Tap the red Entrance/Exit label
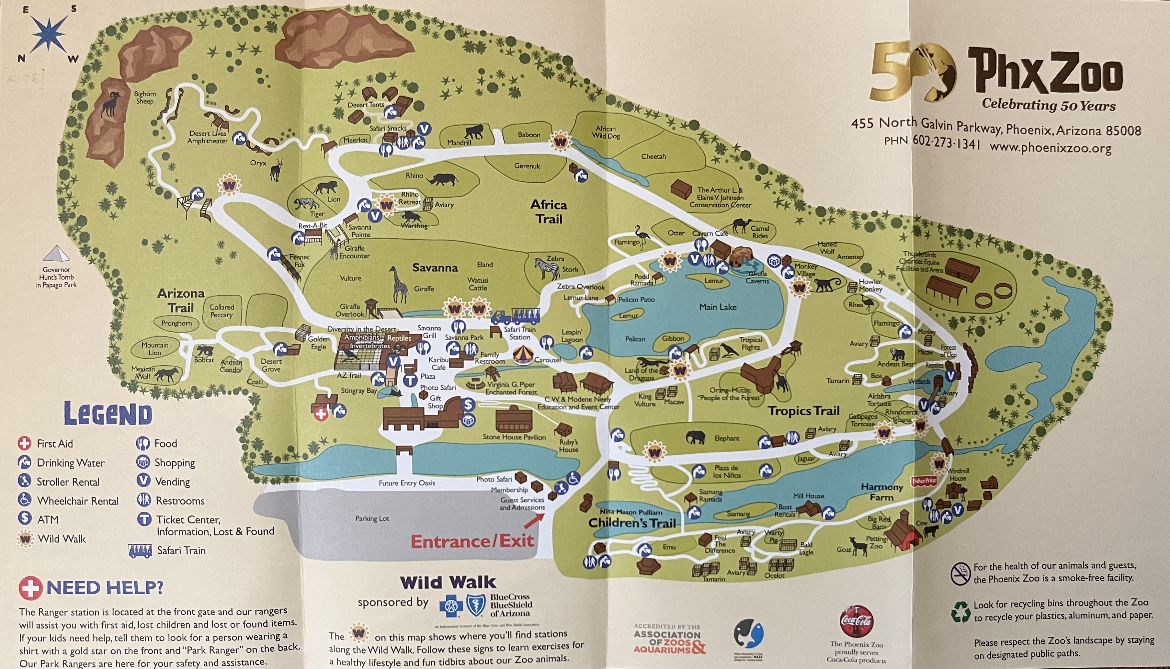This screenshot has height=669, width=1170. (472, 541)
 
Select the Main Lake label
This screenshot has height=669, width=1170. (718, 307)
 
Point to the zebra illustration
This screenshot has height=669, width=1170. (547, 268)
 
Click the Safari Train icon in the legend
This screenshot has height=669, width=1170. (141, 551)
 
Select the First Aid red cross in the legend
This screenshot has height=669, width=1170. (24, 443)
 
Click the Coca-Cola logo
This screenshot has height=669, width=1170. (856, 621)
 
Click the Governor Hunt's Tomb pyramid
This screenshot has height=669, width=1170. (56, 254)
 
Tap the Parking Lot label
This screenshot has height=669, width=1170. (372, 518)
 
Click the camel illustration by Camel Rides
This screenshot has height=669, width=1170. (741, 226)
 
